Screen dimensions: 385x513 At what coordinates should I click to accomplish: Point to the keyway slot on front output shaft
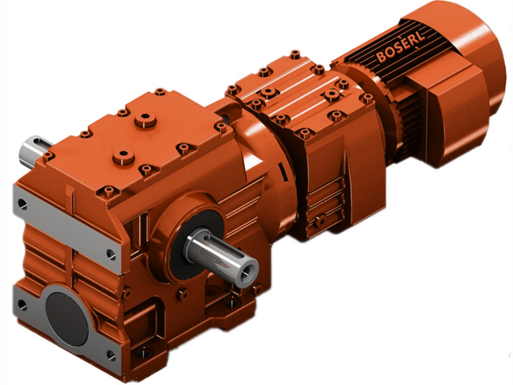point(221,248)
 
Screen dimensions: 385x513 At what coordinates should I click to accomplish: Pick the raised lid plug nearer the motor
point(146,119)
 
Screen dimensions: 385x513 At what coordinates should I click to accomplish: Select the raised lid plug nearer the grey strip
point(122,156)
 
